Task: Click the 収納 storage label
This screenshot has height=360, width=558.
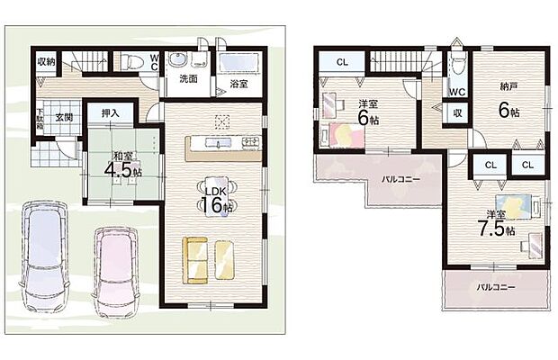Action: [46, 62]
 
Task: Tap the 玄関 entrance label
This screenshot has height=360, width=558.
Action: [63, 117]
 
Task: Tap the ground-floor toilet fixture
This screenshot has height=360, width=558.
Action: [132, 62]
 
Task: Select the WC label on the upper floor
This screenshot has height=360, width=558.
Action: [455, 92]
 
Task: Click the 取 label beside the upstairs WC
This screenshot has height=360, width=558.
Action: [457, 113]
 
